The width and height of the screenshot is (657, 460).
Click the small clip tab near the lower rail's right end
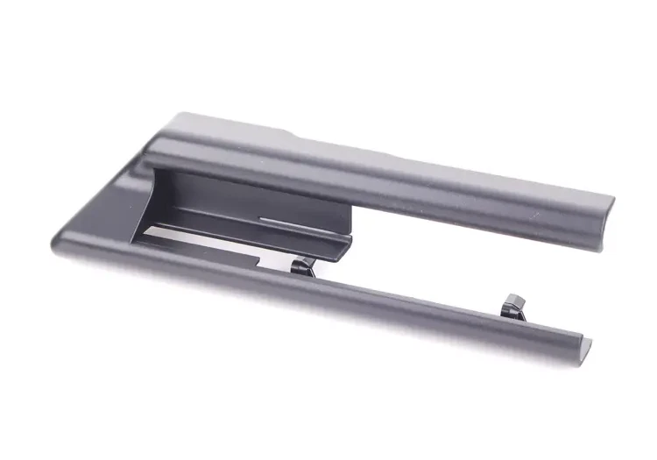[512, 306]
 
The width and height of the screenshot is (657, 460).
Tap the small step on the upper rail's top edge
[294, 135]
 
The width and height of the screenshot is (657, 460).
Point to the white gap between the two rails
[438, 263]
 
